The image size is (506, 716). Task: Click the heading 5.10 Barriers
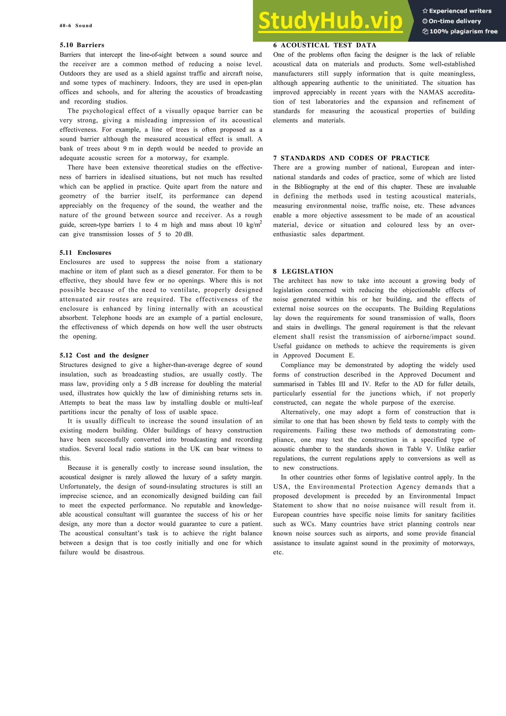(x=82, y=45)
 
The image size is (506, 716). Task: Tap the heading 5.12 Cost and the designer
(x=104, y=356)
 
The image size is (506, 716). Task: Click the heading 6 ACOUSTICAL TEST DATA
(x=325, y=45)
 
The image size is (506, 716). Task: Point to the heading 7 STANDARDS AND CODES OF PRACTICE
(x=351, y=158)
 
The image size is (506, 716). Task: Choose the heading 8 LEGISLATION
(x=303, y=271)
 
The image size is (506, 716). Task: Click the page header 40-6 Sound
(x=76, y=26)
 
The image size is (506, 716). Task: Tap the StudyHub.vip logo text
(x=331, y=21)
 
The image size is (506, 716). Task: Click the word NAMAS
(x=431, y=92)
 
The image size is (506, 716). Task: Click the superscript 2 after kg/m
(x=261, y=222)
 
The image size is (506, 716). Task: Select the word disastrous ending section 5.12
(x=129, y=552)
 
